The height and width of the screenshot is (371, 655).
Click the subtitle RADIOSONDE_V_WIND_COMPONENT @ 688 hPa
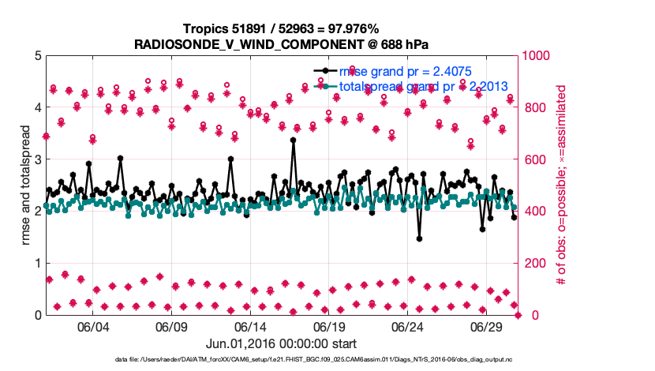click(281, 43)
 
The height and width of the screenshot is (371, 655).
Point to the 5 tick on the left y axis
click(36, 56)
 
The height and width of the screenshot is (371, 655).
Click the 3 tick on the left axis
click(36, 159)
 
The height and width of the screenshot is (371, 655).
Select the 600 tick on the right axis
click(533, 159)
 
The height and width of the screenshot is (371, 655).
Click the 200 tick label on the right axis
click(533, 263)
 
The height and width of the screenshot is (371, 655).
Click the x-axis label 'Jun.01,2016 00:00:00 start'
click(281, 343)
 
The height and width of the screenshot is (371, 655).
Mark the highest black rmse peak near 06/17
click(293, 141)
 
